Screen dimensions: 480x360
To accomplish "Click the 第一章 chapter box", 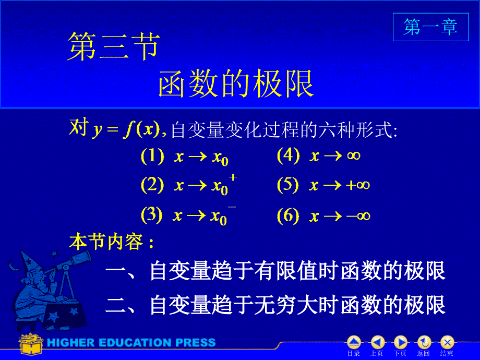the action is click(x=431, y=27).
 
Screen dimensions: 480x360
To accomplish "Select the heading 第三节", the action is click(x=114, y=46).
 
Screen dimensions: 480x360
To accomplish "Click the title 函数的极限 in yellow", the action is click(x=236, y=83).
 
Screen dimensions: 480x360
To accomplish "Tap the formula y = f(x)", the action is click(x=126, y=129).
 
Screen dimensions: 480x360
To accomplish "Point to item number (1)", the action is click(x=152, y=156).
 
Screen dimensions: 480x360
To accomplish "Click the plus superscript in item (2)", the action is click(x=233, y=177).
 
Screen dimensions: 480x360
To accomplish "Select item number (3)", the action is click(x=151, y=215).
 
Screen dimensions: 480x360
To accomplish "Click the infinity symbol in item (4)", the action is click(x=354, y=156).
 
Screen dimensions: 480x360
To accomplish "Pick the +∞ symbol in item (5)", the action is click(x=357, y=185).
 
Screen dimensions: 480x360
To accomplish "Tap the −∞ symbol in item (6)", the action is click(x=358, y=216).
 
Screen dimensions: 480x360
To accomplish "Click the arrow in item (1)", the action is click(x=197, y=157).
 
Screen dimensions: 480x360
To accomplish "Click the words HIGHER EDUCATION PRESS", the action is click(x=131, y=343).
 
